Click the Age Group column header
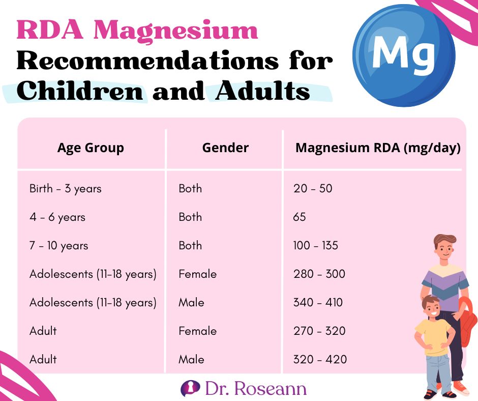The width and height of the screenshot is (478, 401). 91,148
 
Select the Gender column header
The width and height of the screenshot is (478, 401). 225,148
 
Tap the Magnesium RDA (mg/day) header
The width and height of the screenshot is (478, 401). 378,148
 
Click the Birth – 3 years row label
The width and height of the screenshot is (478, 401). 66,189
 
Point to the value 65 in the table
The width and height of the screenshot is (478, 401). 300,217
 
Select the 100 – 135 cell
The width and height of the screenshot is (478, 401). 315,246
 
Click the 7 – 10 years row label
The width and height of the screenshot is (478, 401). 59,246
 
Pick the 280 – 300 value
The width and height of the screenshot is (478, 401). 319,274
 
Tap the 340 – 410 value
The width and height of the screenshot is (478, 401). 318,303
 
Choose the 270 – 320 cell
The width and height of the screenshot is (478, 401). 319,331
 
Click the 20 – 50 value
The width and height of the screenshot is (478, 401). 312,189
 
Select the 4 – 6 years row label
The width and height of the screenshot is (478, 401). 57,217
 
